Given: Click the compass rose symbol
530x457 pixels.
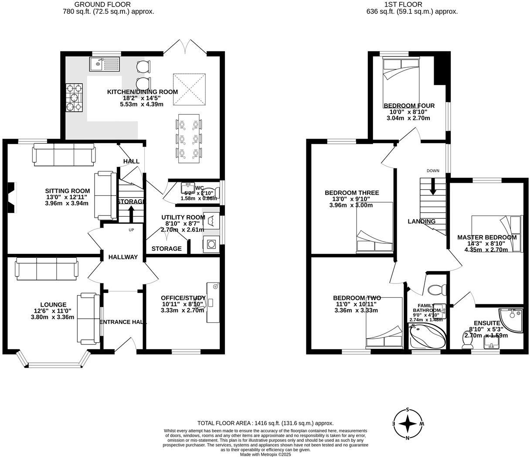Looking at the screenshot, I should coord(408,423).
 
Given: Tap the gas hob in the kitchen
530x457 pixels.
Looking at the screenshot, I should coord(75,97).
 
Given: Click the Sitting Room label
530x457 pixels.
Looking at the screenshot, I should coord(68,191).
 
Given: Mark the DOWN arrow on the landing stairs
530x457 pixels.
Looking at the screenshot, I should coord(433,187).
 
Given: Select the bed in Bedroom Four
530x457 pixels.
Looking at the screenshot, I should coord(401,81).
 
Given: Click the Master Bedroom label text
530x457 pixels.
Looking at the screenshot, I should coord(487,237).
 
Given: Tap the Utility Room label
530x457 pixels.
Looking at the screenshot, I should coord(183,217).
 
